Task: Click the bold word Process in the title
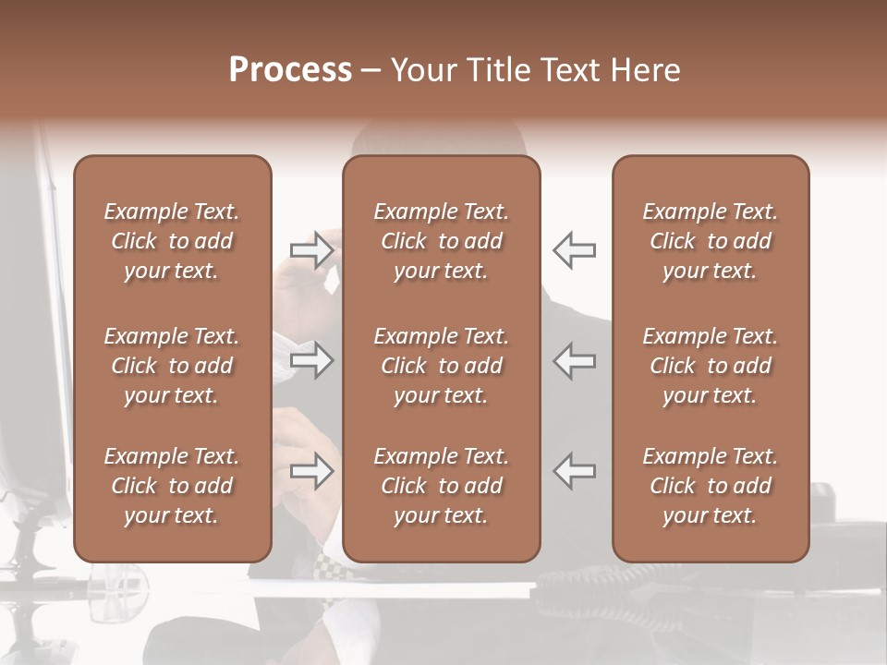point(290,70)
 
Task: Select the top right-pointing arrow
point(311,250)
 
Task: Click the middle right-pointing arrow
point(311,360)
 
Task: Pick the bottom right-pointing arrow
point(311,471)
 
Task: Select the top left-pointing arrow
point(574,250)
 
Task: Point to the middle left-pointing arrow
point(574,360)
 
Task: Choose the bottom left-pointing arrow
point(574,471)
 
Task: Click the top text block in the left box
point(172,241)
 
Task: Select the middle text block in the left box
point(172,366)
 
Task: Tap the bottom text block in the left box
point(172,486)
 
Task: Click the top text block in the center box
point(442,241)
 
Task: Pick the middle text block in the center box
point(442,366)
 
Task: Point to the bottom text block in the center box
point(442,486)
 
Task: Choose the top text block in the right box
point(711,241)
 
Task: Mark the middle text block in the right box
point(711,366)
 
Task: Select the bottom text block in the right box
point(711,486)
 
